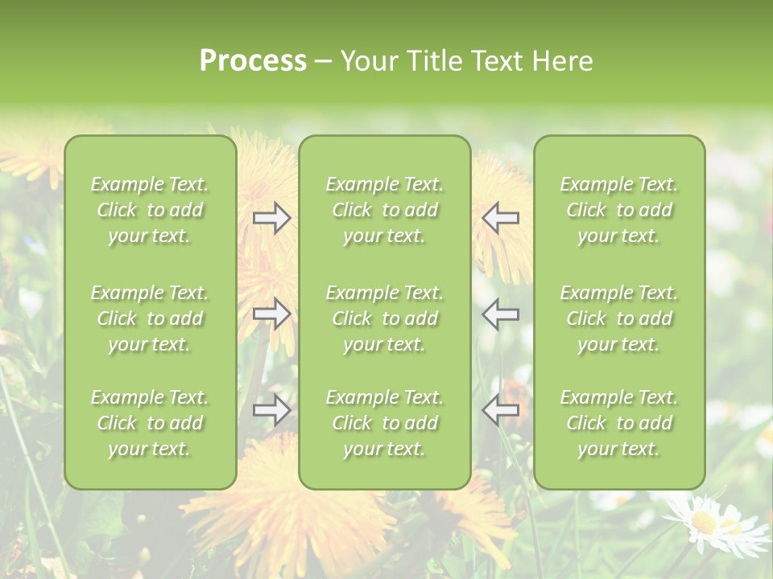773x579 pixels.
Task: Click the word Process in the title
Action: (x=253, y=61)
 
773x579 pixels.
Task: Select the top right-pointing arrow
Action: (x=272, y=218)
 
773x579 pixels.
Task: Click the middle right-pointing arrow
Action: (x=272, y=314)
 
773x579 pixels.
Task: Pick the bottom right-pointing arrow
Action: (x=272, y=410)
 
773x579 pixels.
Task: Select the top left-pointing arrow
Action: (x=500, y=218)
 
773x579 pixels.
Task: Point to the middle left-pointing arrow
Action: (x=500, y=314)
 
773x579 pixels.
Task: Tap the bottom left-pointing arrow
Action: (x=500, y=410)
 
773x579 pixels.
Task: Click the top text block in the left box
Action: (x=150, y=210)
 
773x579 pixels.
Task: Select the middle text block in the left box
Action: (x=150, y=318)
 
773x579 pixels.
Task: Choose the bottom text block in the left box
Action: (x=150, y=423)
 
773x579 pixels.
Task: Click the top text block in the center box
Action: (x=384, y=210)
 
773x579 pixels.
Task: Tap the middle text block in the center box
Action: (x=384, y=318)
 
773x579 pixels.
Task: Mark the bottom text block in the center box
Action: (x=384, y=423)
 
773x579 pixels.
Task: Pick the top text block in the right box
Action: (x=618, y=210)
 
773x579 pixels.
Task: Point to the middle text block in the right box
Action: (x=618, y=318)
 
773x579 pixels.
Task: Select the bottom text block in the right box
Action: (x=618, y=423)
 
